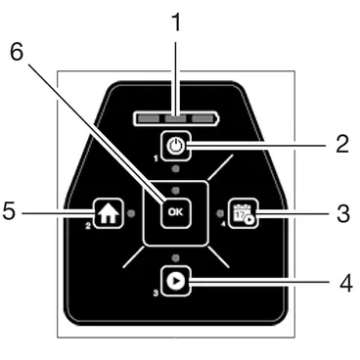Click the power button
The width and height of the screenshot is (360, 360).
click(176, 146)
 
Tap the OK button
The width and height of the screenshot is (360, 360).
click(176, 212)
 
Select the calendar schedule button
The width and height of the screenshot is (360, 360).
click(244, 213)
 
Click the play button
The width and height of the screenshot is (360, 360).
click(176, 281)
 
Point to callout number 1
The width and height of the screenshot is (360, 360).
click(176, 22)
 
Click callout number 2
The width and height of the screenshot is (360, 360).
click(342, 144)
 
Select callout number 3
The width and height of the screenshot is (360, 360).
click(343, 213)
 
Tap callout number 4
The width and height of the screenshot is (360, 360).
click(346, 283)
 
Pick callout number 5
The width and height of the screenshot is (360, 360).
click(9, 210)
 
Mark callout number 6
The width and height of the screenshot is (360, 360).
click(17, 52)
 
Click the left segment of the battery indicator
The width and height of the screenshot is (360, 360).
click(149, 118)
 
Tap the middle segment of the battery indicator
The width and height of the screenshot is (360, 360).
click(175, 118)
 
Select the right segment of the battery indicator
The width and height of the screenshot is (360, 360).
click(202, 118)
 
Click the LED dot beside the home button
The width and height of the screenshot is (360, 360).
click(131, 213)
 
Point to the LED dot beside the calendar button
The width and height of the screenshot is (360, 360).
click(220, 213)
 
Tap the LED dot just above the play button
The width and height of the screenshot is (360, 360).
click(176, 258)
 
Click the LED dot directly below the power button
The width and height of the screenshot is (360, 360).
click(176, 168)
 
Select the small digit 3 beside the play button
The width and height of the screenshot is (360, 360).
click(156, 293)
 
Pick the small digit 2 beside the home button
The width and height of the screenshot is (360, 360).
click(88, 225)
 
